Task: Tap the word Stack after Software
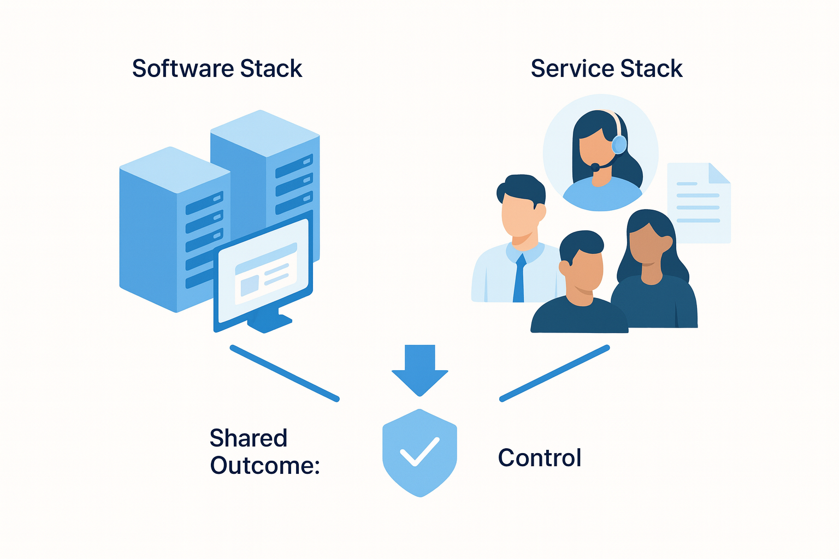coord(271,69)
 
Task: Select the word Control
coord(540,457)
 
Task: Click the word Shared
coord(249,438)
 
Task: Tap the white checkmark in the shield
coord(419,451)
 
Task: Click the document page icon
coord(699,205)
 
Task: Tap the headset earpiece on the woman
coord(619,144)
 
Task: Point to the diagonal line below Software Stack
coord(285,373)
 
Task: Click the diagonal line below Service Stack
coord(554,373)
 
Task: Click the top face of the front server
coord(175,169)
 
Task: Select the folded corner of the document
coord(719,173)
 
